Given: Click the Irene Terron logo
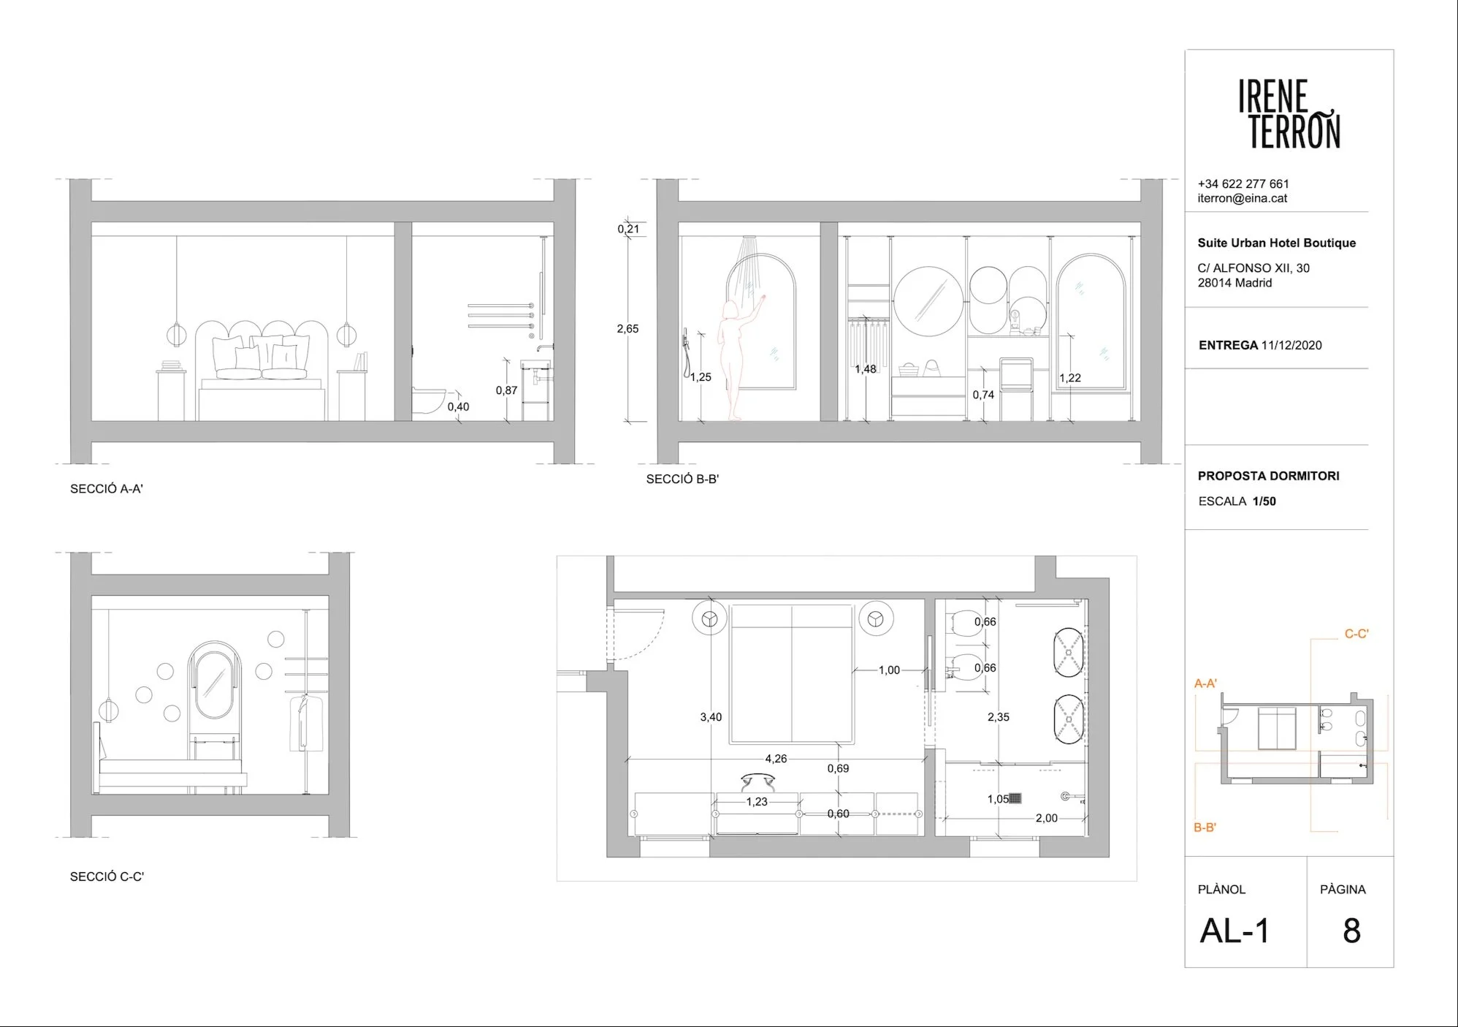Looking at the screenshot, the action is pyautogui.click(x=1289, y=114).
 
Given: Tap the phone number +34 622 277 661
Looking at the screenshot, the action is pyautogui.click(x=1243, y=184).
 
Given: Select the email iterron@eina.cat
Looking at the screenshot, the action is pyautogui.click(x=1243, y=198).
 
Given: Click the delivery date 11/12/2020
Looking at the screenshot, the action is pyautogui.click(x=1291, y=345).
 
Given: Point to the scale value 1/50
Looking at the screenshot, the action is pyautogui.click(x=1264, y=501).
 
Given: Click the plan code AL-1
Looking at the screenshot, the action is pyautogui.click(x=1235, y=931).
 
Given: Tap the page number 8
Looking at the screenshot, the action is pyautogui.click(x=1351, y=931).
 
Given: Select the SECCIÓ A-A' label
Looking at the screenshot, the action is pyautogui.click(x=107, y=489).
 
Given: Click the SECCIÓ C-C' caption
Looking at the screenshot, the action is pyautogui.click(x=107, y=876).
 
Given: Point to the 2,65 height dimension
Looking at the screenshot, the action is pyautogui.click(x=627, y=329).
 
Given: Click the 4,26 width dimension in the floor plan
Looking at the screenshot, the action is pyautogui.click(x=776, y=759).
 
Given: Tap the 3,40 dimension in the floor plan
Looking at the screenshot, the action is pyautogui.click(x=711, y=717).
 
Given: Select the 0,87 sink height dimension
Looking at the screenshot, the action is pyautogui.click(x=506, y=390).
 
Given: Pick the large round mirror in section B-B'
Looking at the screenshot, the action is pyautogui.click(x=928, y=300).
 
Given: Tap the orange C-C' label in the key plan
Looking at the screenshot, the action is pyautogui.click(x=1356, y=634).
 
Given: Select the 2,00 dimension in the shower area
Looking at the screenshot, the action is pyautogui.click(x=1046, y=818).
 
